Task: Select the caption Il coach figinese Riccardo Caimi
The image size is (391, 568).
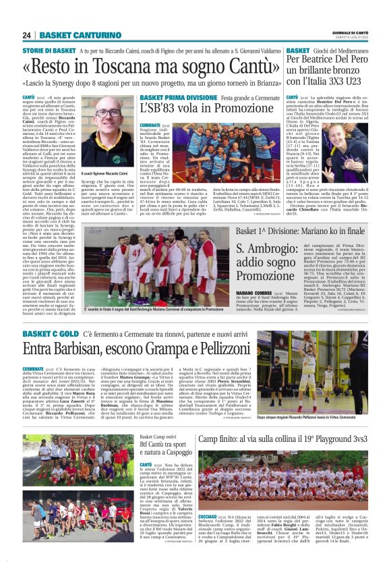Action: pyautogui.click(x=111, y=174)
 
